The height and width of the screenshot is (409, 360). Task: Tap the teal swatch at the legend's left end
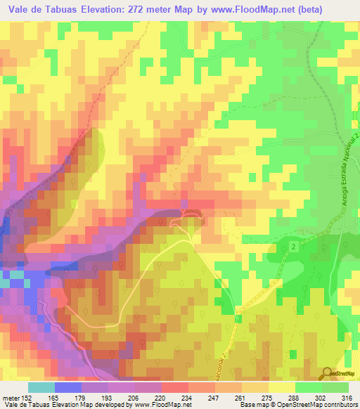pos(41,387)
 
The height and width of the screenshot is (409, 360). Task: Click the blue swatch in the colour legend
pos(68,387)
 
